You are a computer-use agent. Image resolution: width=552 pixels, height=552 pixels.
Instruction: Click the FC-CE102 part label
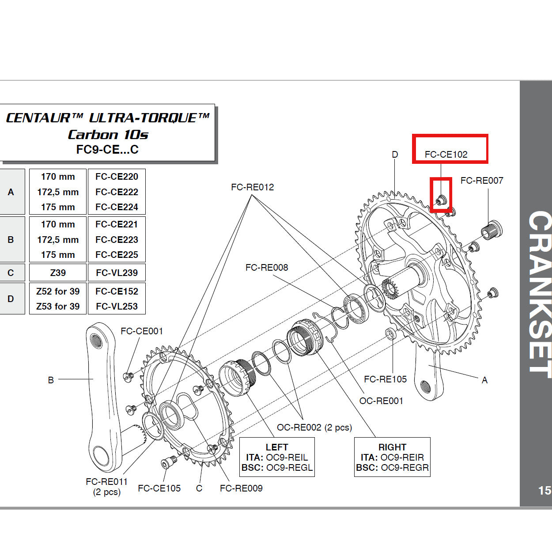click(446, 155)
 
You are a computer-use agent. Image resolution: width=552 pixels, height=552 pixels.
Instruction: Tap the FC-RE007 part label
click(482, 181)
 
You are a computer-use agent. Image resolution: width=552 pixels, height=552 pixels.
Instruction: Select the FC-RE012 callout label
click(252, 187)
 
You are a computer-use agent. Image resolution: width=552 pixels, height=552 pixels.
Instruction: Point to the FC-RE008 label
click(267, 268)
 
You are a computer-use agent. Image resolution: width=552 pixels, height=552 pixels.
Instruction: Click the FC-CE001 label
click(142, 331)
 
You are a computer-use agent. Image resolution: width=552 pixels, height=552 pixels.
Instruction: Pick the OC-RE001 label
click(381, 401)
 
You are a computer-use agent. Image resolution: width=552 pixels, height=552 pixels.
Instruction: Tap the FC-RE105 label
click(385, 379)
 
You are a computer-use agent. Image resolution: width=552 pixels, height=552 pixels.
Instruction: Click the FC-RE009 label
click(241, 488)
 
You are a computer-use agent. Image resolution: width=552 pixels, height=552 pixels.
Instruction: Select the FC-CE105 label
click(159, 488)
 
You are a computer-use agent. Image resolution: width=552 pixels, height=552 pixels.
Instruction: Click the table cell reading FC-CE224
click(117, 207)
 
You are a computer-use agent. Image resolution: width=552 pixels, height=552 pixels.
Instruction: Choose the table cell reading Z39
click(58, 273)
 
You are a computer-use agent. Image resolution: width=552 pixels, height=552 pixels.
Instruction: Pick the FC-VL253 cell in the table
click(117, 306)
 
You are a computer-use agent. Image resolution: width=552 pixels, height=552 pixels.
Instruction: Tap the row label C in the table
click(11, 273)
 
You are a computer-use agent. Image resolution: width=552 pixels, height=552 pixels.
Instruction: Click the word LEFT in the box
click(277, 447)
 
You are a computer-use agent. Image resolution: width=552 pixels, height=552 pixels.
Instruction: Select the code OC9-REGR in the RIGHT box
click(405, 468)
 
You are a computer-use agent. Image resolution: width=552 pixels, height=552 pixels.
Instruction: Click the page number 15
click(544, 491)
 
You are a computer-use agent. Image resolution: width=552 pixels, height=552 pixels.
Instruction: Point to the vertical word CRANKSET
click(540, 294)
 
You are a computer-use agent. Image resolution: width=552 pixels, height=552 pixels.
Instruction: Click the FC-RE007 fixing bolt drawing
click(491, 231)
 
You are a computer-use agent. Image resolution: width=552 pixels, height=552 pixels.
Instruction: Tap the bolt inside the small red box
click(441, 200)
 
